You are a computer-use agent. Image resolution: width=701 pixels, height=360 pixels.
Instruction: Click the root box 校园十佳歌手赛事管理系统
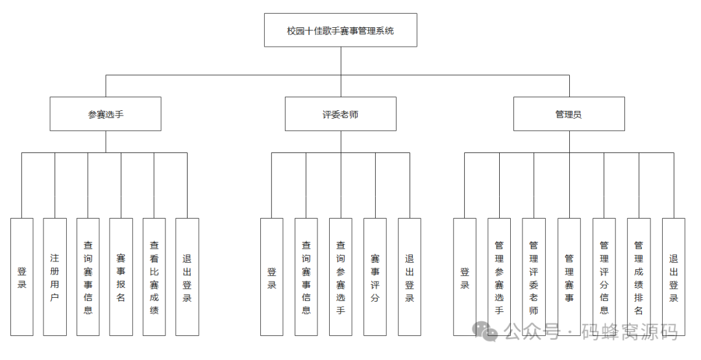click(x=341, y=30)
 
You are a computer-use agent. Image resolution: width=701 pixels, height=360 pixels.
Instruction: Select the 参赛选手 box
click(x=106, y=114)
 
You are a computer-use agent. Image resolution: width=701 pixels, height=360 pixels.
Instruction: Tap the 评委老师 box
click(x=340, y=114)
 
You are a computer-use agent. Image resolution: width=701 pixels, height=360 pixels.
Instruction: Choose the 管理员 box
click(x=569, y=114)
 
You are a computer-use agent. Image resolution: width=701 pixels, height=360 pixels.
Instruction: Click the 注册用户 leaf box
click(x=55, y=277)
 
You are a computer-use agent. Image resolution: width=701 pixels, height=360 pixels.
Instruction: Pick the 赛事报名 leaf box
click(x=121, y=277)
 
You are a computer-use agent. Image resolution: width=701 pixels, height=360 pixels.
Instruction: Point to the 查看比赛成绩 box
click(x=154, y=277)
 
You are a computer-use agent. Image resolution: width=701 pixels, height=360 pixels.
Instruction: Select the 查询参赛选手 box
click(x=340, y=277)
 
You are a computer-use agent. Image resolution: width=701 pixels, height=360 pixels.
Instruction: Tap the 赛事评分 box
click(x=375, y=277)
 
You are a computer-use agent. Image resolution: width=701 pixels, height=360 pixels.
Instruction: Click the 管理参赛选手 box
click(x=499, y=277)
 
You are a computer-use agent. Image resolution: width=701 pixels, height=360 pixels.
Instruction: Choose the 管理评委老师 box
click(x=534, y=277)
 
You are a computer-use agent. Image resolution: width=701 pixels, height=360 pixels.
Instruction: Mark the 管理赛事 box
click(x=569, y=277)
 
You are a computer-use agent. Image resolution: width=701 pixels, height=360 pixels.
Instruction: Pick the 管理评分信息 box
click(x=604, y=277)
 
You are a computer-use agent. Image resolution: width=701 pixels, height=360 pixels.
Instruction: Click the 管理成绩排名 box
click(x=638, y=277)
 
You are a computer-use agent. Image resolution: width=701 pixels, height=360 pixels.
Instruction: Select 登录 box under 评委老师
click(x=271, y=277)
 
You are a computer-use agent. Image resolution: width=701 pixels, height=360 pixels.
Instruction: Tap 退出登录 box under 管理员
click(x=673, y=277)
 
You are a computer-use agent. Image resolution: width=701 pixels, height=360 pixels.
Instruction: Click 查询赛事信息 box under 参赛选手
click(x=88, y=277)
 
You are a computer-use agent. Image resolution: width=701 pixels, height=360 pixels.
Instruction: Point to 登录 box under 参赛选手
click(x=21, y=277)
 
